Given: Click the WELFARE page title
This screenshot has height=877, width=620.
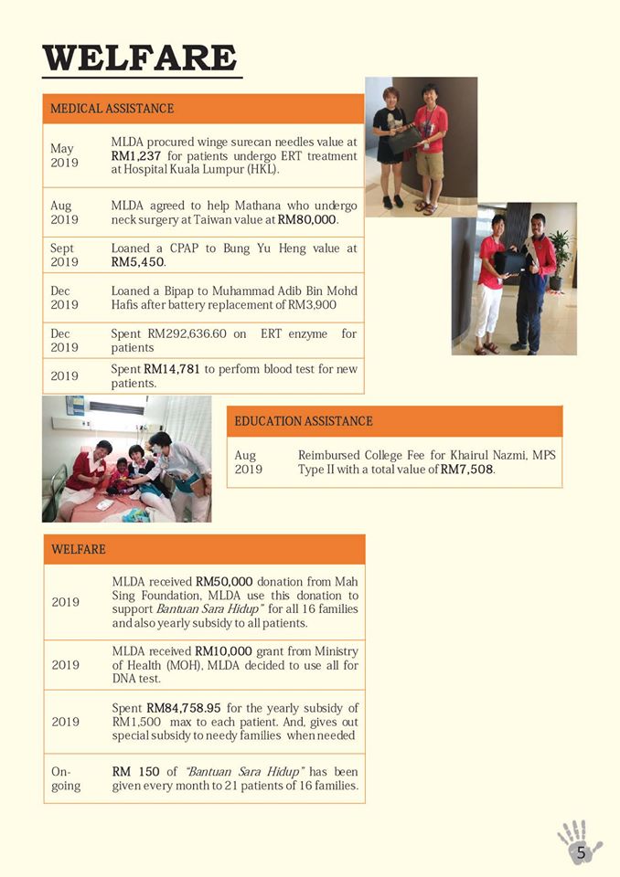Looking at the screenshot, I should pyautogui.click(x=140, y=58).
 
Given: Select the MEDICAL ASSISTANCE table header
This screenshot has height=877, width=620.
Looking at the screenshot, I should pyautogui.click(x=112, y=109).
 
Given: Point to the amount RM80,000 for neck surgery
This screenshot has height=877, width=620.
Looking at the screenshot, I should pyautogui.click(x=307, y=220).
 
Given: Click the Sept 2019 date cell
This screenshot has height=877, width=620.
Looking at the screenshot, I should pyautogui.click(x=64, y=255).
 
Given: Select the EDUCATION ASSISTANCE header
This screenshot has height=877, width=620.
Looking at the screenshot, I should pyautogui.click(x=304, y=421).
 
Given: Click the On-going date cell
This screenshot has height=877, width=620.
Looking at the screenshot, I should pyautogui.click(x=66, y=778).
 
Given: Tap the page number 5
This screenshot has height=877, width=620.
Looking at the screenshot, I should pyautogui.click(x=581, y=851).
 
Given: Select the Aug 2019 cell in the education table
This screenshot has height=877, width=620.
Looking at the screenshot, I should pyautogui.click(x=248, y=462).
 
